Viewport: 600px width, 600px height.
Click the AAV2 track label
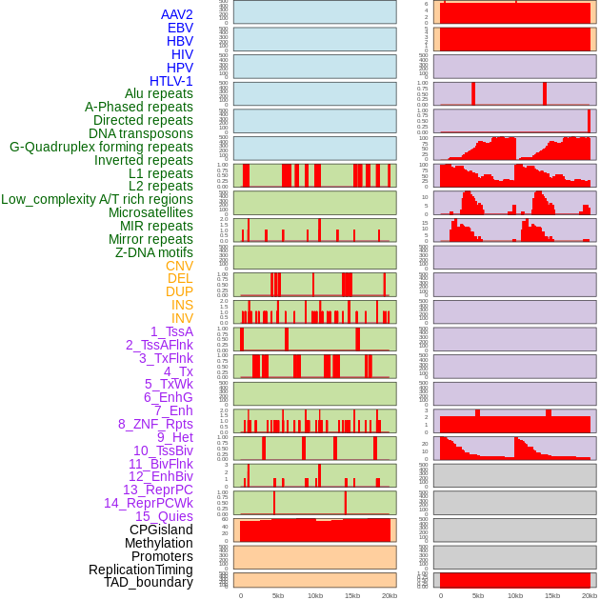176,14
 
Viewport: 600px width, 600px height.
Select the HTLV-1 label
170,81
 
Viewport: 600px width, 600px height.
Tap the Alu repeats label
158,93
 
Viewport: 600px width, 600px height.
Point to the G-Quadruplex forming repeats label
101,147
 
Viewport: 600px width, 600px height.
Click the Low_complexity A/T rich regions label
97,199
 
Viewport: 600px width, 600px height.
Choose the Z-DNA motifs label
154,252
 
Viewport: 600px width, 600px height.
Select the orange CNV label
179,266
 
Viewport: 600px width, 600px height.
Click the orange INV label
182,318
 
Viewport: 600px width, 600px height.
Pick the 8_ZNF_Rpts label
155,424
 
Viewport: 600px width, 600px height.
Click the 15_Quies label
164,516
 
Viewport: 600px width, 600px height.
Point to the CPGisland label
161,530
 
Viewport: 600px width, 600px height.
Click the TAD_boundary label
149,582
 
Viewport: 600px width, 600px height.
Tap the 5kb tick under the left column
278,595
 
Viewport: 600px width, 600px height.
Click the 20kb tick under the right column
589,595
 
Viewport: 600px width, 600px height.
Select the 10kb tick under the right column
514,595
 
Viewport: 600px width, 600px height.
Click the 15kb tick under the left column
351,595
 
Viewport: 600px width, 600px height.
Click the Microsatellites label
150,212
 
